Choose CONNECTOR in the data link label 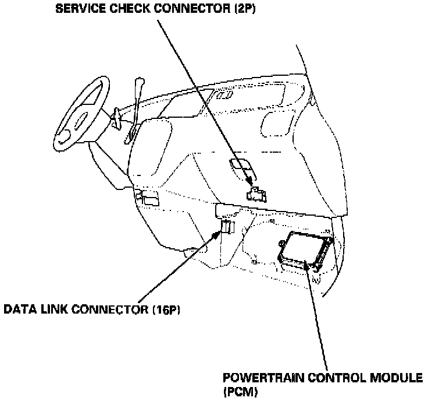pos(104,309)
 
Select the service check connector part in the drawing pos(256,194)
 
